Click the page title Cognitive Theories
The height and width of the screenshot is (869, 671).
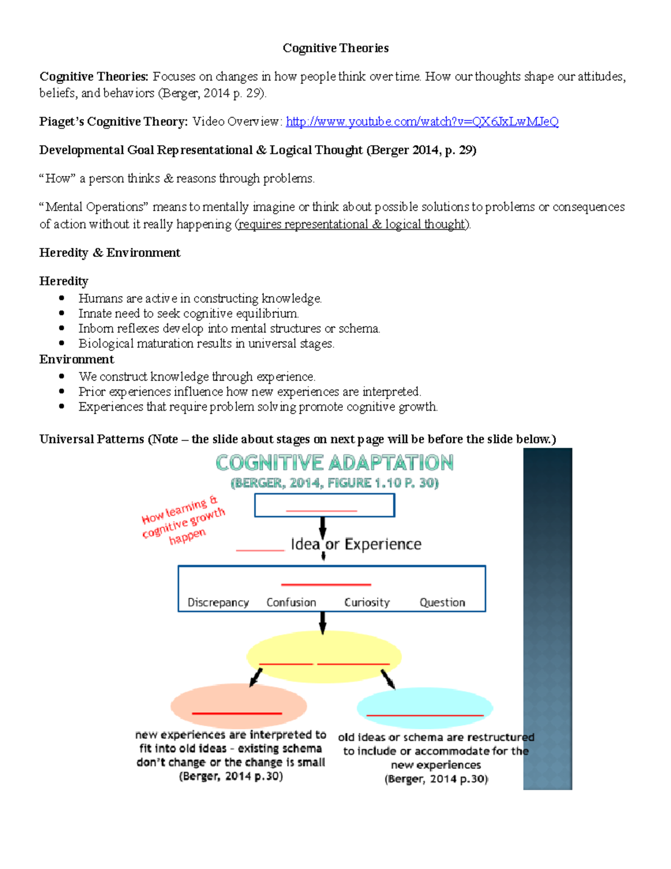tap(335, 48)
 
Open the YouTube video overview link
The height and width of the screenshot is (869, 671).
tap(422, 121)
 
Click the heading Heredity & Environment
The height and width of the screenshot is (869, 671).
tap(110, 253)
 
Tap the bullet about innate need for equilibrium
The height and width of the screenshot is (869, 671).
tap(188, 313)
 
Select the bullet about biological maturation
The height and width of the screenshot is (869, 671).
tap(206, 344)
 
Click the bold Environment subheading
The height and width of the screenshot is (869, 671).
tap(77, 359)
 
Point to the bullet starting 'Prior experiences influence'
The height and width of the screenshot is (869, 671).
tap(249, 392)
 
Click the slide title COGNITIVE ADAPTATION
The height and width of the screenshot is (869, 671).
tap(334, 463)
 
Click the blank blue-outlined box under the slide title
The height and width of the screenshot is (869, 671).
tap(324, 505)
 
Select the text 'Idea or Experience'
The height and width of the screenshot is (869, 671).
tap(356, 544)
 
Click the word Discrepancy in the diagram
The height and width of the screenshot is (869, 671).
tap(218, 603)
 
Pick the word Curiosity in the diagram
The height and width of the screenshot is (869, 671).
tap(367, 603)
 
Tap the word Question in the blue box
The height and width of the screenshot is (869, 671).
tap(442, 603)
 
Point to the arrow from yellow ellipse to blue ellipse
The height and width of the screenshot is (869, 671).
tap(388, 679)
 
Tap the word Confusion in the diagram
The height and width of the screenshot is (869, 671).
tap(291, 603)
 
